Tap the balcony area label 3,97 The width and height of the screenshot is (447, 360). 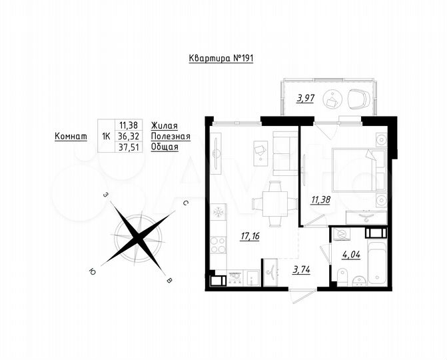tap(305, 99)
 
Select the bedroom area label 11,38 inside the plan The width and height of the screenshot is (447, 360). tap(321, 199)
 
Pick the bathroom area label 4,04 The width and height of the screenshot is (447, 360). tap(351, 254)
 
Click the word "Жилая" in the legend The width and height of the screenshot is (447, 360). tap(165, 125)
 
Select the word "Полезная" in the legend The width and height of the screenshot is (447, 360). tap(171, 136)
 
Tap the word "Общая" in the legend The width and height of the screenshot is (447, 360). tap(165, 147)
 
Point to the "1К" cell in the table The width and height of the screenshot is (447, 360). tap(105, 136)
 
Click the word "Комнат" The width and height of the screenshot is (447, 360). tap(71, 136)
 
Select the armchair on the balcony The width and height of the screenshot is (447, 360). tap(357, 99)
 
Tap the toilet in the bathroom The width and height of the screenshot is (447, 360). tap(343, 275)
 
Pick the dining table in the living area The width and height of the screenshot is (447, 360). tap(274, 201)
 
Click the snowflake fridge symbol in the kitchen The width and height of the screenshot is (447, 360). tap(217, 213)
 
